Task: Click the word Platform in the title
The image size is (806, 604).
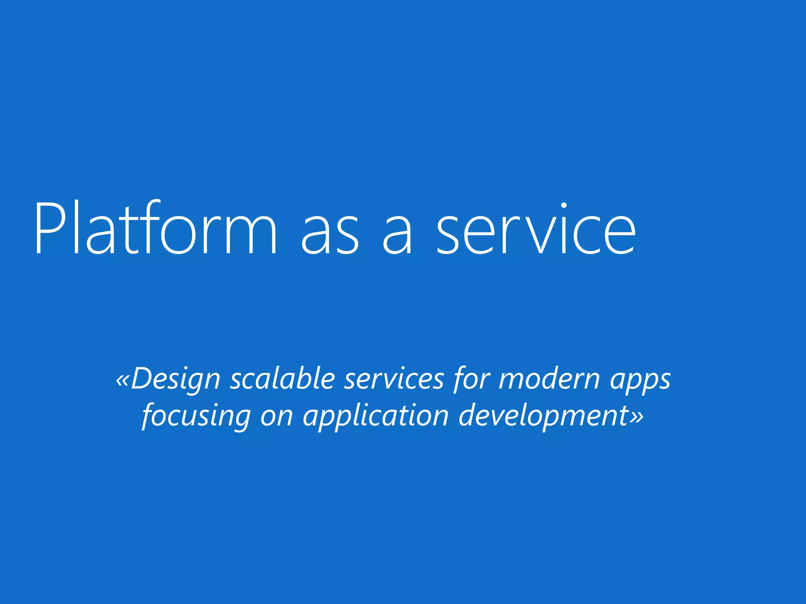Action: tap(156, 229)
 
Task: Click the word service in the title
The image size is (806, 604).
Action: tap(536, 229)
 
